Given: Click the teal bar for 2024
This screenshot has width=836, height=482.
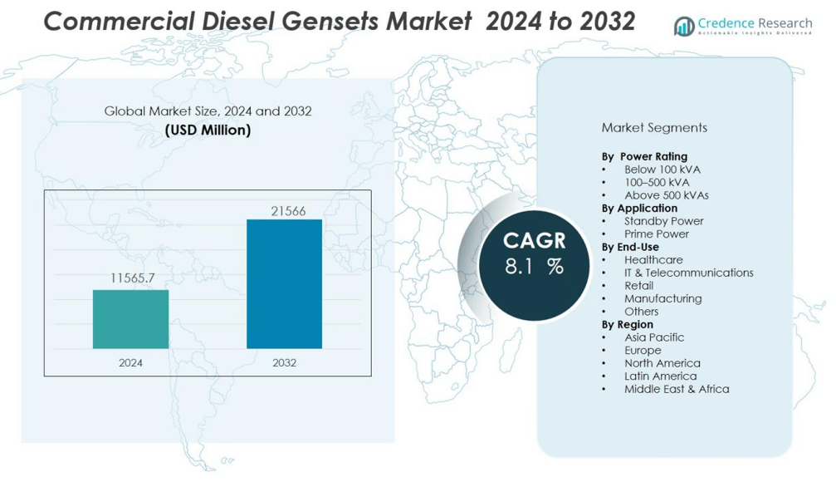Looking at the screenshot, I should click(x=130, y=319).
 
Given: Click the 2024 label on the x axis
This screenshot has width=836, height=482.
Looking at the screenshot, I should click(x=130, y=362).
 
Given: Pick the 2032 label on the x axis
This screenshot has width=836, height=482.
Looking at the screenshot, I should click(x=284, y=362).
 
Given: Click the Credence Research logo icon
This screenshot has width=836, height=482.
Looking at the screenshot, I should click(x=684, y=26).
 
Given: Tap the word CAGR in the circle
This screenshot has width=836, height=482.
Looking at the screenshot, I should click(x=534, y=241).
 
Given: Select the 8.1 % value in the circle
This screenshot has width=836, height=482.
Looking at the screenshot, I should click(x=534, y=267).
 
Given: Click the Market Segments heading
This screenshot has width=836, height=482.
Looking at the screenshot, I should click(x=654, y=128).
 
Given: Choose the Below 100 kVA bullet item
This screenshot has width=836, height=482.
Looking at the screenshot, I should click(x=662, y=170).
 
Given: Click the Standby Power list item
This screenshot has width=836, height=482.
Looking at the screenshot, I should click(x=663, y=221).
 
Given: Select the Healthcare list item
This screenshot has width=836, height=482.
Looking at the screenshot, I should click(x=653, y=260).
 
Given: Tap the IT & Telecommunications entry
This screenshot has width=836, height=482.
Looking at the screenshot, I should click(x=688, y=273).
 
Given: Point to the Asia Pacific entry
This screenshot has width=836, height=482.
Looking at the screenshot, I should click(x=654, y=337).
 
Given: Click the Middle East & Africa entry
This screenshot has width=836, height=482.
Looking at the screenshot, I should click(x=677, y=389).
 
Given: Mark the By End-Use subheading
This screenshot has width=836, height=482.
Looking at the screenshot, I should click(x=630, y=247).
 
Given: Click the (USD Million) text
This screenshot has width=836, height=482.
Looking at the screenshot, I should click(x=208, y=130).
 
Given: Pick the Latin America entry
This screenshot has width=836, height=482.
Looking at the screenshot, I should click(x=660, y=376).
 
